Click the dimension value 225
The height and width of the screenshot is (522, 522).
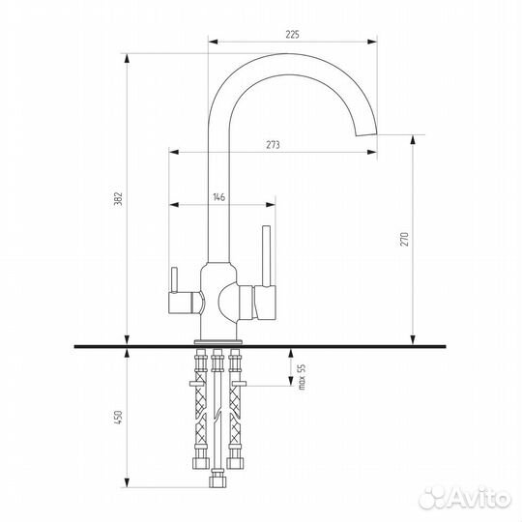tap(292, 34)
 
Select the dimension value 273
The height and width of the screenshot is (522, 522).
tap(273, 145)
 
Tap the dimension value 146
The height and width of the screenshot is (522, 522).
tap(218, 197)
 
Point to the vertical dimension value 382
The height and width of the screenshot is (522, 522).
tap(119, 199)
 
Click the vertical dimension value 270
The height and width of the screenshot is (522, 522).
tap(404, 239)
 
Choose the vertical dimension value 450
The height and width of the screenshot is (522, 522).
tap(119, 418)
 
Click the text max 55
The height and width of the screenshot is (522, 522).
tap(302, 377)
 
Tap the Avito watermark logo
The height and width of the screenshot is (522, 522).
tap(465, 498)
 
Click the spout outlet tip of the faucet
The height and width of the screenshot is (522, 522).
tap(366, 134)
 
